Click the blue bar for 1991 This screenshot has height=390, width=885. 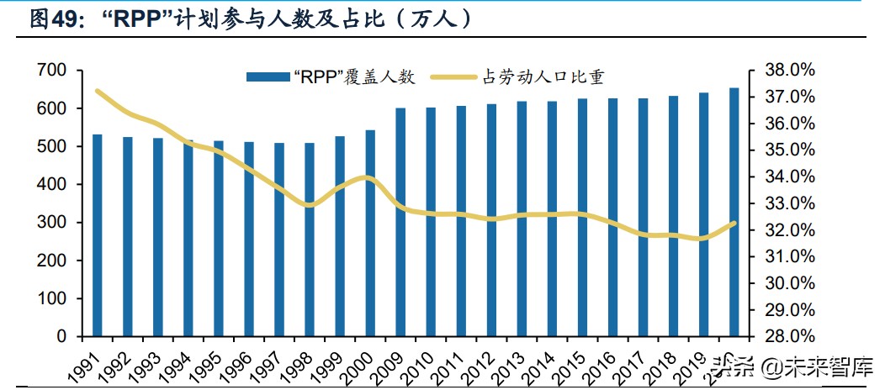coord(98,235)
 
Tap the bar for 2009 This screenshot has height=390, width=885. coord(400,222)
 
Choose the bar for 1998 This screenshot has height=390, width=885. coord(310,240)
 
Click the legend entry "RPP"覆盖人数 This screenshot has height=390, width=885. coord(331,77)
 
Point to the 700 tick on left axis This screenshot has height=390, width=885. coord(52,71)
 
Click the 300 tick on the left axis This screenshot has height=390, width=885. coord(52,223)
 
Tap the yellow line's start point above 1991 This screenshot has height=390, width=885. coord(98,91)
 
